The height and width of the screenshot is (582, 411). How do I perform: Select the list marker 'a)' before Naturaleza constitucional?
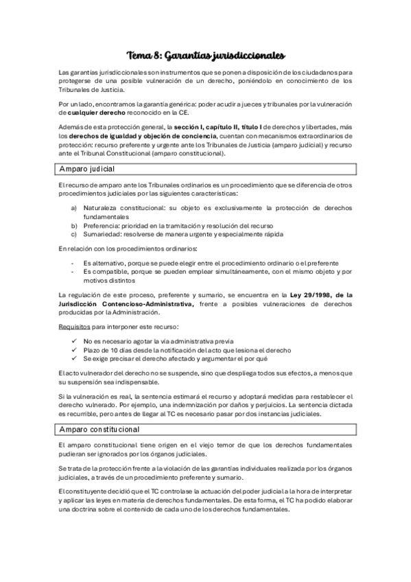pos(74,207)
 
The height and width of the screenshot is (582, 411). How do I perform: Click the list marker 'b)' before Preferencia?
pos(74,224)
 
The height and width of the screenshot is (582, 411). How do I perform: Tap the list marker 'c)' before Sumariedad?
pos(74,233)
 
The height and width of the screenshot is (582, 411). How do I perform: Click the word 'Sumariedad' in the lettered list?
pos(102,233)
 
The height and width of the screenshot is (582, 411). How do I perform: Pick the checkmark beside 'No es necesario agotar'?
pos(74,341)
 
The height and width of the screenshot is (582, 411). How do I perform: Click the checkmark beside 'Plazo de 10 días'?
pos(74,350)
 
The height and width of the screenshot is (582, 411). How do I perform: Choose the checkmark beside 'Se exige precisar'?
pos(74,358)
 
